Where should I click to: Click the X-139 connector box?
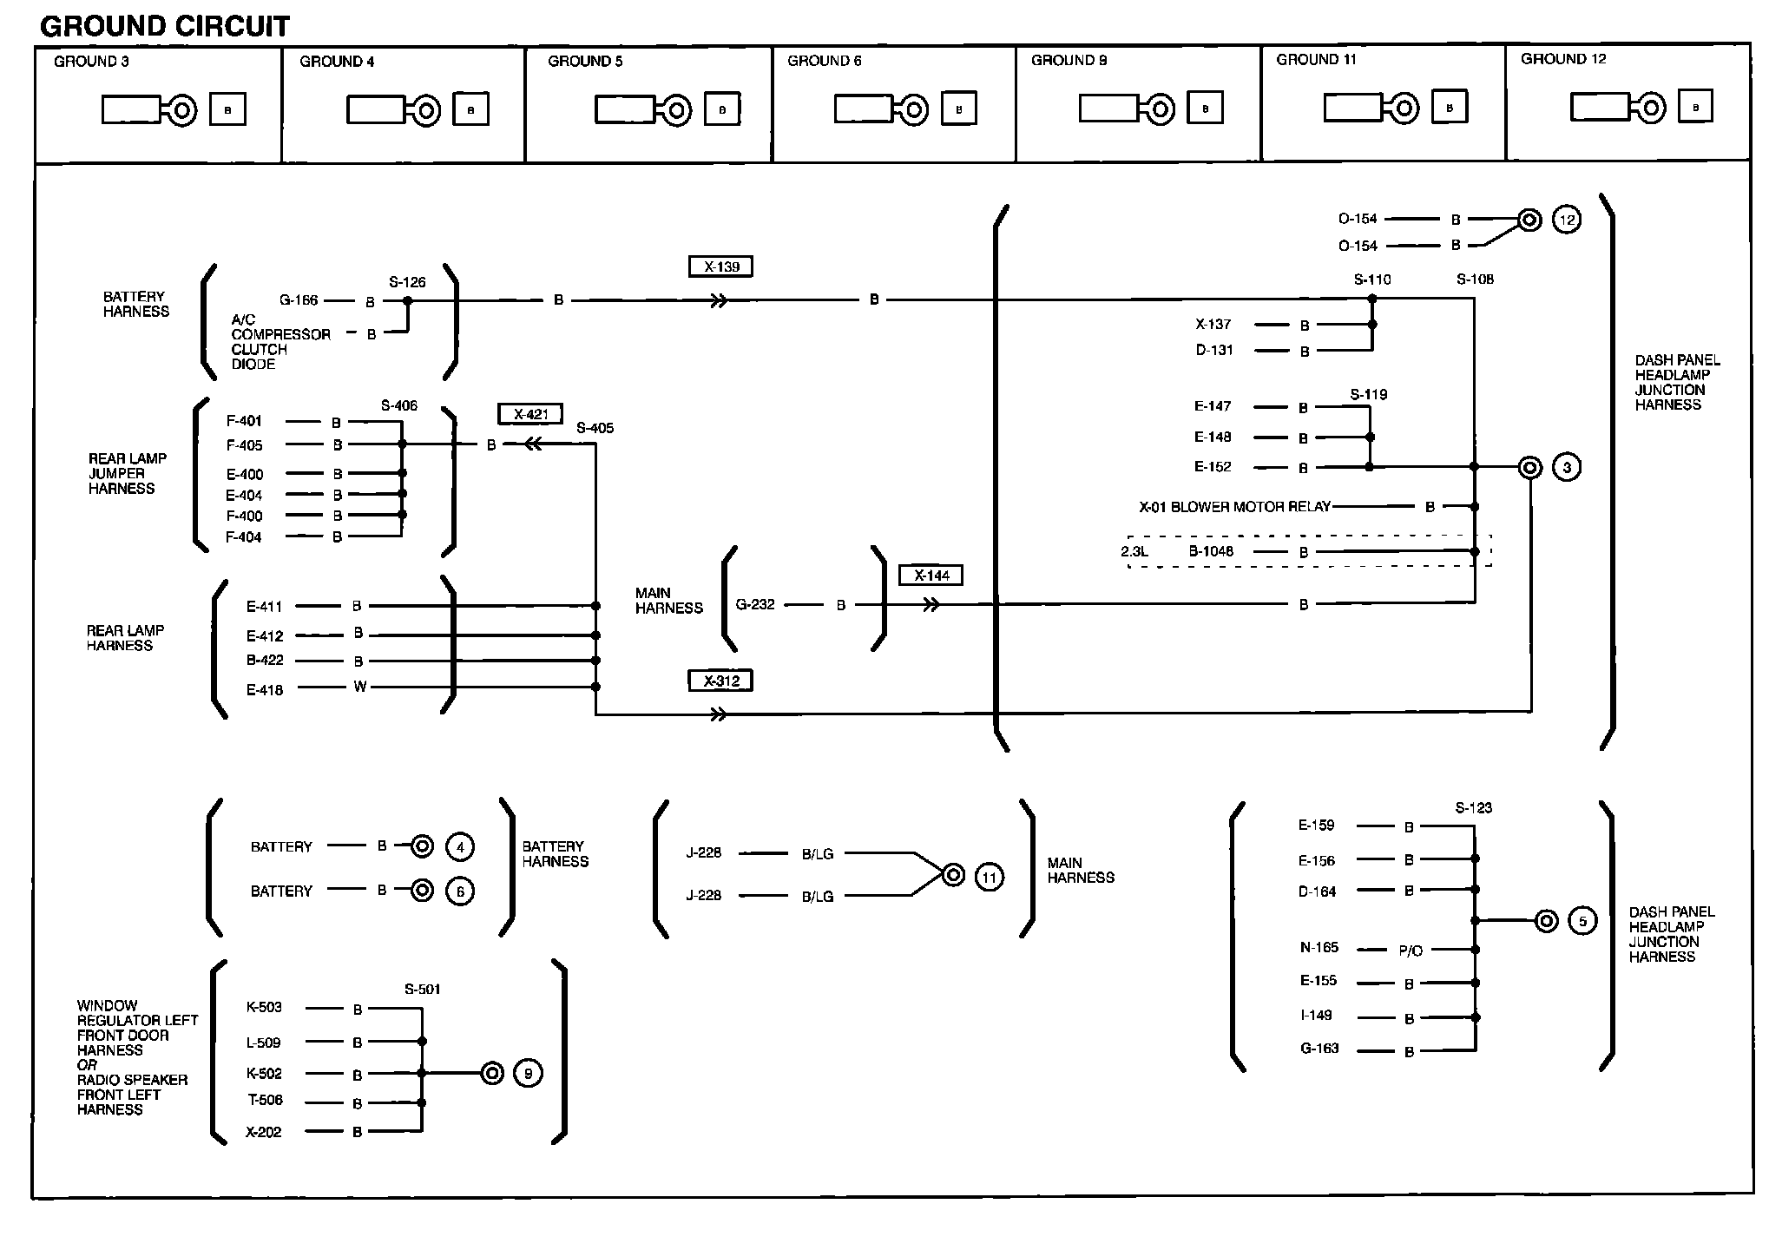tap(720, 266)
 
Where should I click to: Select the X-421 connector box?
tap(530, 414)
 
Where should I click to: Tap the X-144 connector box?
tap(931, 575)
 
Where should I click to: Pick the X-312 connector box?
tap(720, 681)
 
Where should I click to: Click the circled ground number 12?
tap(1567, 220)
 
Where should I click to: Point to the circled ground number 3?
tap(1567, 468)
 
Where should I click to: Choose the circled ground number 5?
tap(1583, 921)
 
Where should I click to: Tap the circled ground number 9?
tap(529, 1074)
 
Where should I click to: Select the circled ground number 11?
tap(990, 877)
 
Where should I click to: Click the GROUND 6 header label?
tap(825, 61)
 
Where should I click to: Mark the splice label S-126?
tap(407, 282)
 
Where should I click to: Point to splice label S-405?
tap(595, 428)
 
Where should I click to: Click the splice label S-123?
tap(1474, 808)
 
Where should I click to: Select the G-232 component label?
tap(755, 604)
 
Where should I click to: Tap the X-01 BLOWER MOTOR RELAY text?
tap(1234, 507)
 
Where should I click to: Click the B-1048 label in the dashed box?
tap(1211, 551)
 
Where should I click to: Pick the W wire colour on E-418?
tap(360, 687)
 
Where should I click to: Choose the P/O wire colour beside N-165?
tap(1411, 951)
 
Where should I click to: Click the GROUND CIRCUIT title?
tap(165, 27)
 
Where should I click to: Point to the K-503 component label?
tap(264, 1008)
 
